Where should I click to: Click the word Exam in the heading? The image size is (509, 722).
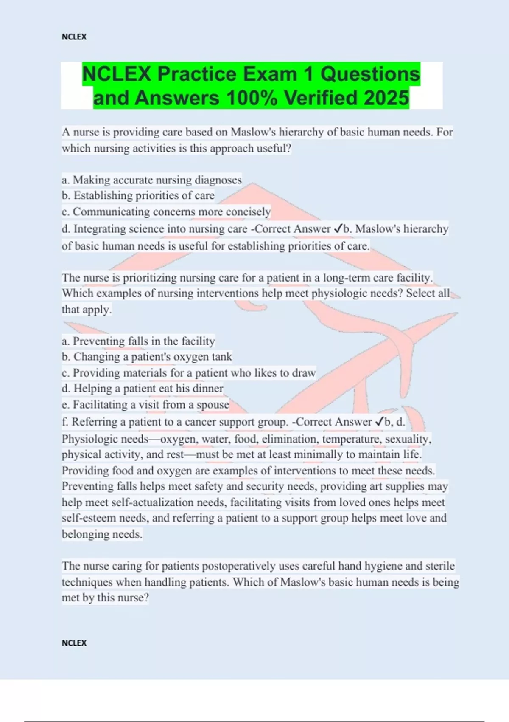click(x=276, y=74)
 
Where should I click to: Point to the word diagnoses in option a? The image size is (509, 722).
click(x=218, y=180)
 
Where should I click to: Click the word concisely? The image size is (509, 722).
click(x=248, y=212)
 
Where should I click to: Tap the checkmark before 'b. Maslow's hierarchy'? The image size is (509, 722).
click(x=338, y=228)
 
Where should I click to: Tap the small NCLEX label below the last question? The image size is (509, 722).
click(x=74, y=643)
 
